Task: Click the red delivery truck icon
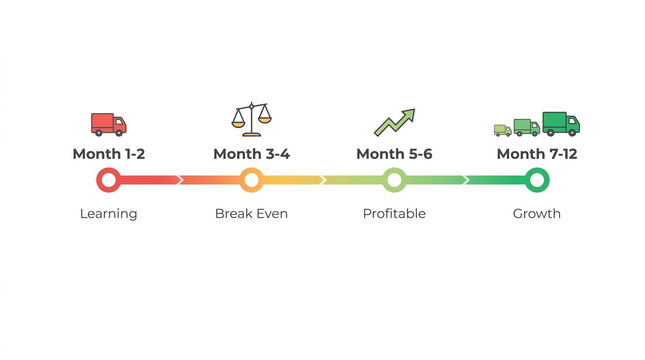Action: point(109,124)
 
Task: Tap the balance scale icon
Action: point(252,119)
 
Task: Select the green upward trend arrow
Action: point(395,122)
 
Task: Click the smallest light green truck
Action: point(503,130)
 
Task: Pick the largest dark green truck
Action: point(561,124)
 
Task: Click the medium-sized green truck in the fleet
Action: point(527,127)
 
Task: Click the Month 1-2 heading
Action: point(109,154)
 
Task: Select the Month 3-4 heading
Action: point(251,154)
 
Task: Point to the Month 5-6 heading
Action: point(394,154)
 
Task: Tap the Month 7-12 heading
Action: point(537,154)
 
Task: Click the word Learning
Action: point(109,214)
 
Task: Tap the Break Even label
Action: point(251,214)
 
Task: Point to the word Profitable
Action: point(394,214)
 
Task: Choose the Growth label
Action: point(537,214)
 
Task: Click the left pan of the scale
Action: point(239,124)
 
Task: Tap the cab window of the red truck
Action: point(119,122)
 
